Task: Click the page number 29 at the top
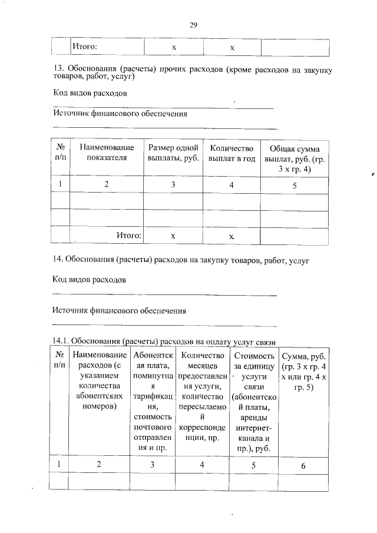point(192,25)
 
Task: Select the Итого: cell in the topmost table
point(84,47)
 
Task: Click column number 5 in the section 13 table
point(294,185)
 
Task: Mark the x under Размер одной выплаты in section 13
point(173,236)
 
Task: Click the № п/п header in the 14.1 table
point(60,360)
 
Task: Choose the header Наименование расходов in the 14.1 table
point(99,380)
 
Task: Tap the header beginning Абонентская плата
point(152,401)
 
